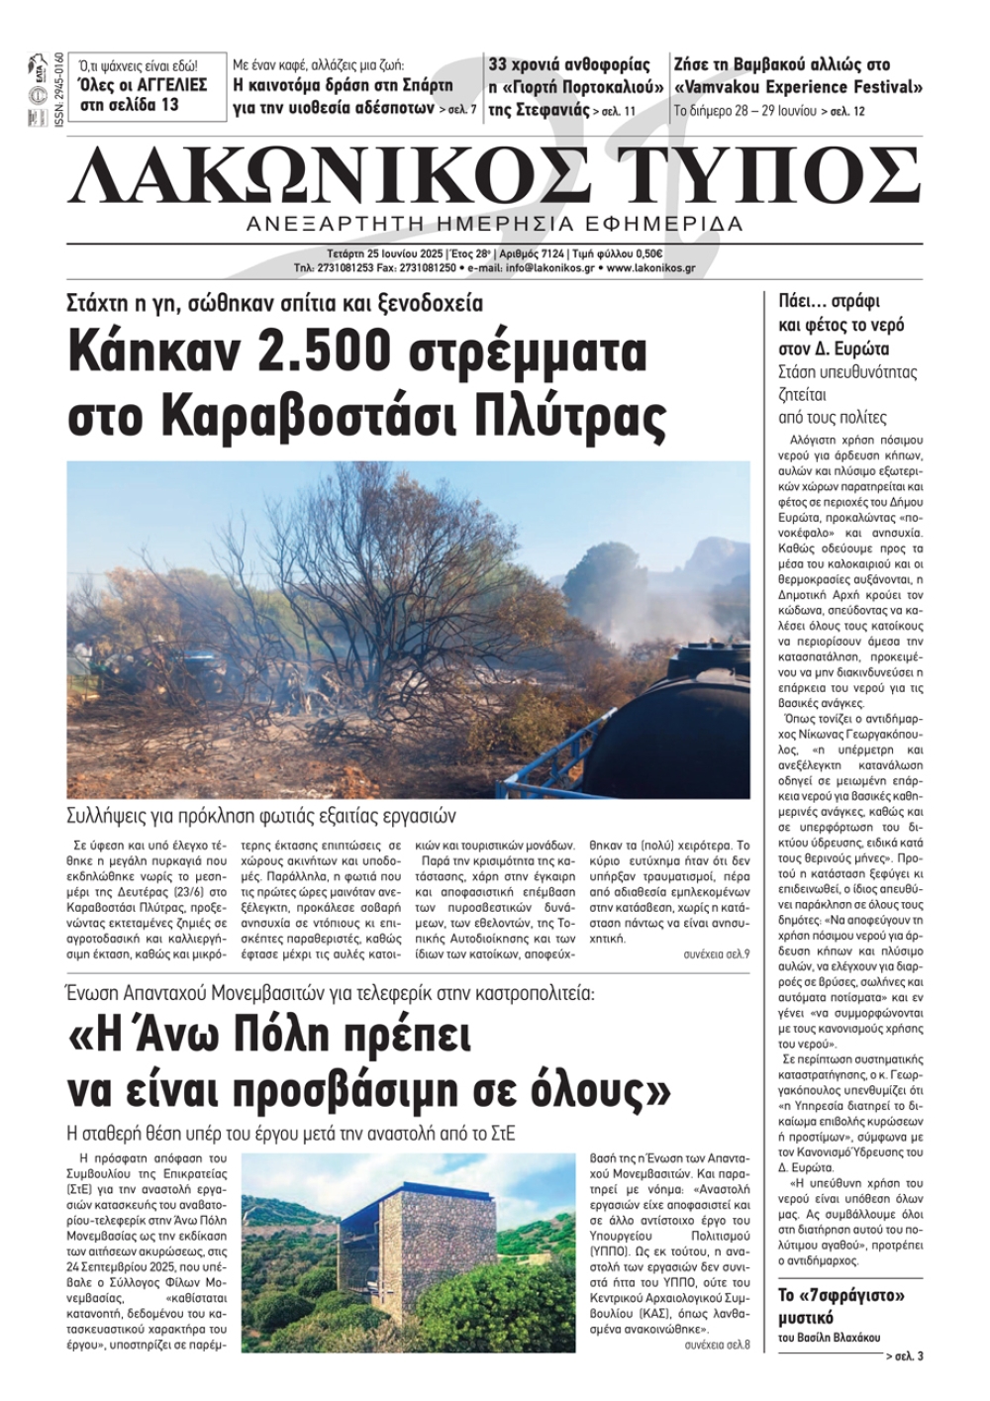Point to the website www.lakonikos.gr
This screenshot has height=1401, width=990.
[650, 267]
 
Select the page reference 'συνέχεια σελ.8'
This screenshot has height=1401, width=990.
[717, 1346]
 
